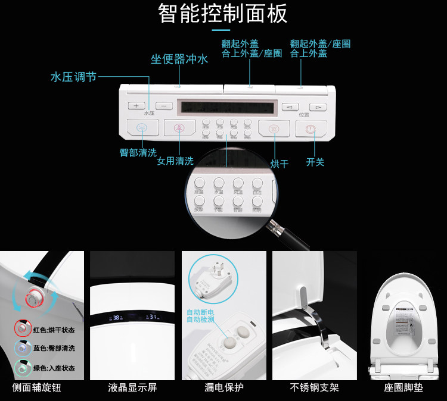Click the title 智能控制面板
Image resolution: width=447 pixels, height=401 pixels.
point(223,14)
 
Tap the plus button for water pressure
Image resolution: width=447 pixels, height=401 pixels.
point(136,105)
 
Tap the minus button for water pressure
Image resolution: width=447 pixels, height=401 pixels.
point(164,105)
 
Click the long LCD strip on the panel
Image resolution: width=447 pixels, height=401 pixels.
point(229,108)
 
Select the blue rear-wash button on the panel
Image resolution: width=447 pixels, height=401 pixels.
point(142,127)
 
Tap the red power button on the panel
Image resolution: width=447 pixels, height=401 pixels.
point(311,129)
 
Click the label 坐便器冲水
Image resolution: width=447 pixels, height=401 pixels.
point(179,59)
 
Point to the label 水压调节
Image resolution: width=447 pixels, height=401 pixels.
point(73,77)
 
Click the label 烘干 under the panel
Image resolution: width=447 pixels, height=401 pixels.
point(279,164)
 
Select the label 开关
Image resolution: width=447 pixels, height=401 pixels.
point(315,162)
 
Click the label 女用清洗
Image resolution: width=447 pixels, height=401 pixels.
point(175,161)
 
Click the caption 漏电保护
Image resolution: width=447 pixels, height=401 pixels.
point(223,388)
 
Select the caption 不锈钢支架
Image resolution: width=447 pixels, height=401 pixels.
point(315,388)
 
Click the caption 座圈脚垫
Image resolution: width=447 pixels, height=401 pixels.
point(403,388)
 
